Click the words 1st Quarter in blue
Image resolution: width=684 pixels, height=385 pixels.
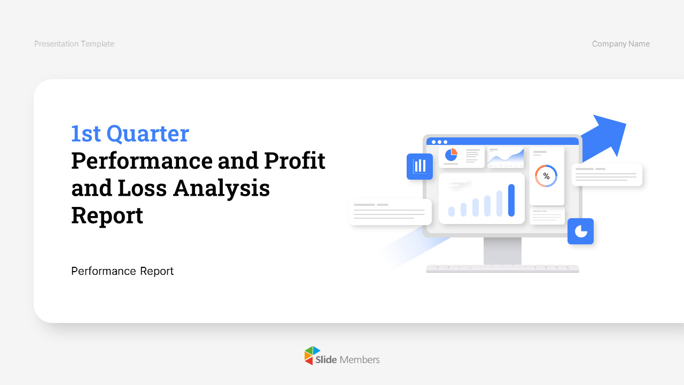(130, 134)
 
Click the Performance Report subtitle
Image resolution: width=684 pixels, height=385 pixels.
(122, 271)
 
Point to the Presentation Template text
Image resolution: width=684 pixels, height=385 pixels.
(74, 44)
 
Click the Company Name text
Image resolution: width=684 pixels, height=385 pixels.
(620, 44)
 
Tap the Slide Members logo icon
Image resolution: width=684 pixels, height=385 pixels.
(312, 356)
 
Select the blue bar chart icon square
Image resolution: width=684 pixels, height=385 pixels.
(419, 166)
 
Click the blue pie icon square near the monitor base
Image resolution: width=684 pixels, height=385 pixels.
(580, 232)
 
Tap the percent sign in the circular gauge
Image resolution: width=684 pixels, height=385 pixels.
(546, 176)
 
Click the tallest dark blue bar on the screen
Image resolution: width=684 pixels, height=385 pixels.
(511, 200)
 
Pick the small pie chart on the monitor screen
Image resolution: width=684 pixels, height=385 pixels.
(451, 155)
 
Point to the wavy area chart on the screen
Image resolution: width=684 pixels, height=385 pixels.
(506, 157)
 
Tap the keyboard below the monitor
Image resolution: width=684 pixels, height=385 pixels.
(502, 268)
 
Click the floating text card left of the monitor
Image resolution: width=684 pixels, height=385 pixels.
(391, 212)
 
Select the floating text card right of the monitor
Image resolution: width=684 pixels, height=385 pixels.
(607, 175)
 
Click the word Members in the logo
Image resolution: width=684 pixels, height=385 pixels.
(360, 360)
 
